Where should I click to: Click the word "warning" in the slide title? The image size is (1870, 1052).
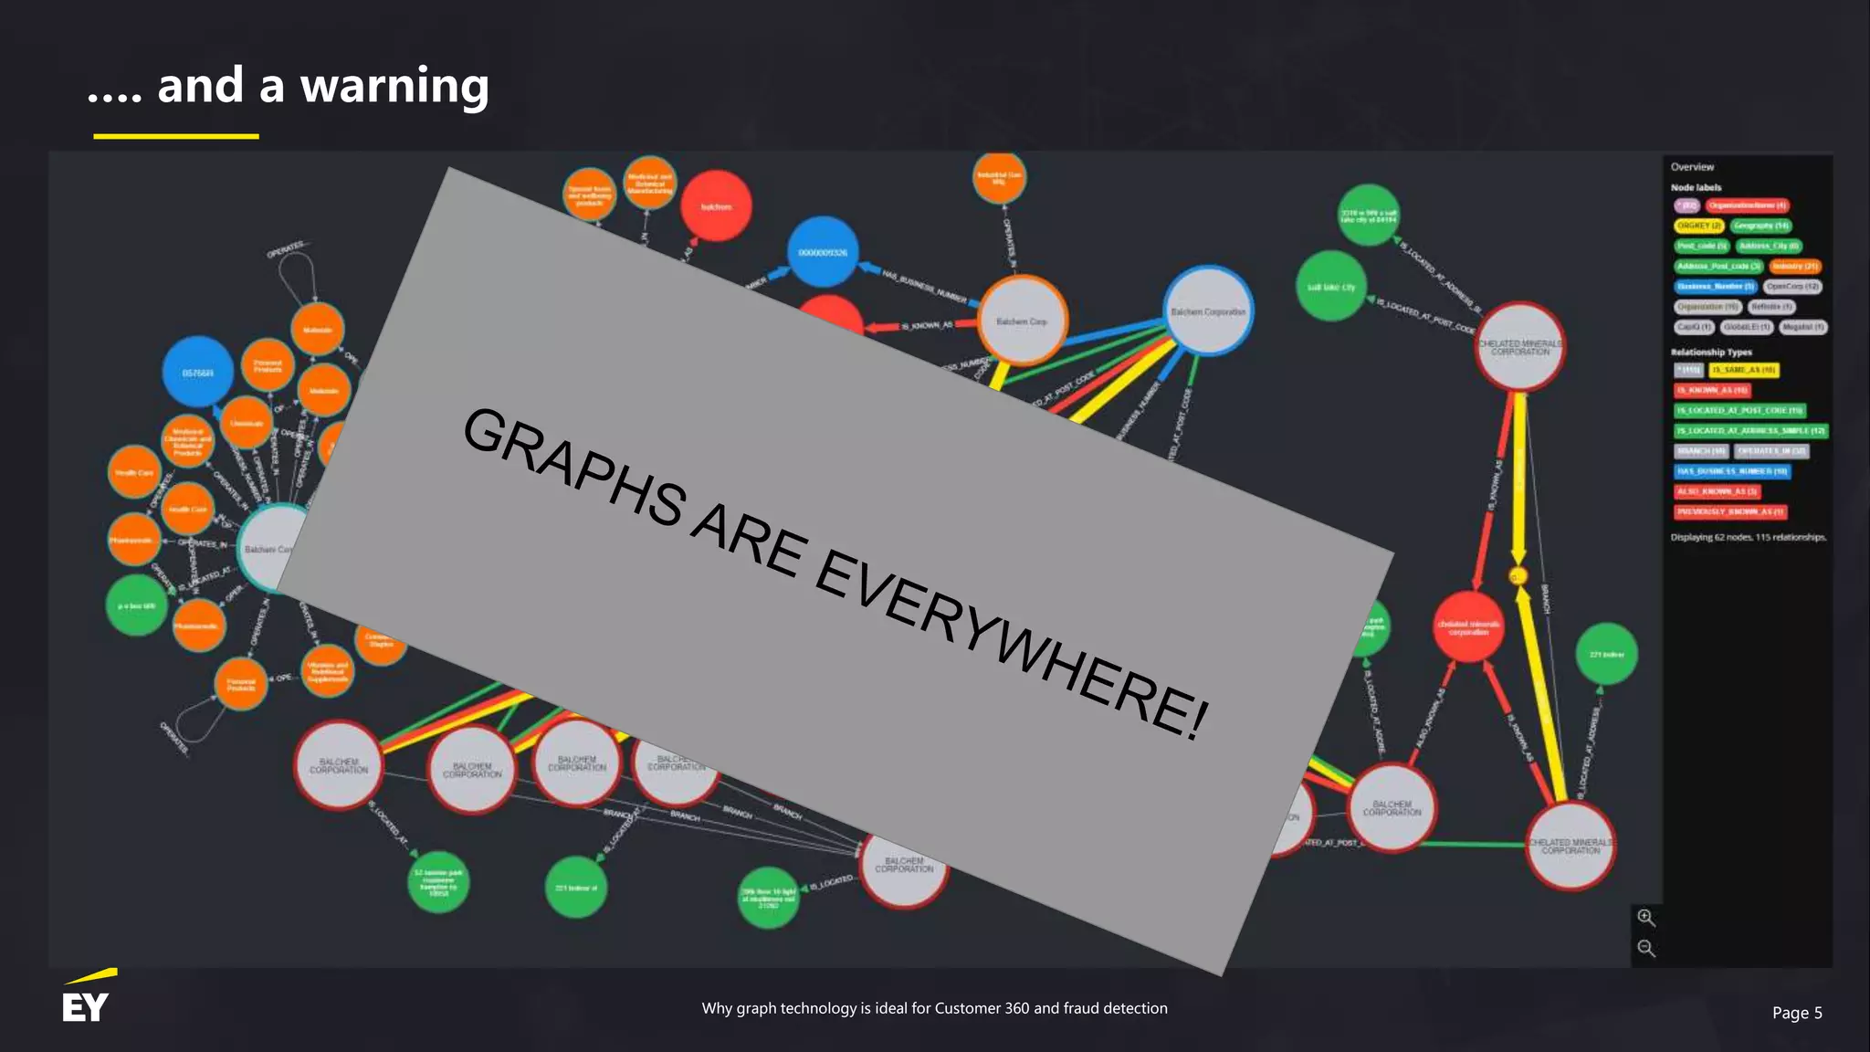pos(394,87)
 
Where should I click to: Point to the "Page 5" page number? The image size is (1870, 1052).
pos(1796,1013)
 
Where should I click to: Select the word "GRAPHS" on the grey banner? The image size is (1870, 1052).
pos(573,466)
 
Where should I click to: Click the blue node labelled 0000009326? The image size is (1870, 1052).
pos(823,252)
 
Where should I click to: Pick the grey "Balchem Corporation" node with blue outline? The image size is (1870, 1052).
pos(1208,311)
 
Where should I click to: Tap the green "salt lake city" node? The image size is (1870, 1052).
pos(1331,287)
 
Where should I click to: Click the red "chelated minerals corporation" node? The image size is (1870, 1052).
pos(1468,627)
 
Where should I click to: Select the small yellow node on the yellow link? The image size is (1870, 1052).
pos(1518,576)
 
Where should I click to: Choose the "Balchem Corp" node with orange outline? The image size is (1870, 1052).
pos(1022,321)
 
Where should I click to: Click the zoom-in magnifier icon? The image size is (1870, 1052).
pos(1645,918)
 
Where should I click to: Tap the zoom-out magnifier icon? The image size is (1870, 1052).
pos(1645,948)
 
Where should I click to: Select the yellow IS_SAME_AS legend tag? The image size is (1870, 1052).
pos(1744,370)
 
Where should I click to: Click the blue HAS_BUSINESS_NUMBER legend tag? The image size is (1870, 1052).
pos(1731,471)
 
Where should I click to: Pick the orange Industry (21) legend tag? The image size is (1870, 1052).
pos(1795,266)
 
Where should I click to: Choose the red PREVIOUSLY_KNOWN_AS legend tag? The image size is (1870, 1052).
pos(1730,511)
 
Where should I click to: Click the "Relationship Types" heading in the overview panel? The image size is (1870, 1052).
pos(1711,352)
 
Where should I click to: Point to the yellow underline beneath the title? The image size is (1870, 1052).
pos(176,136)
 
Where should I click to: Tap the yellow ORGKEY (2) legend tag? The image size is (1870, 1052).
pos(1698,226)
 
